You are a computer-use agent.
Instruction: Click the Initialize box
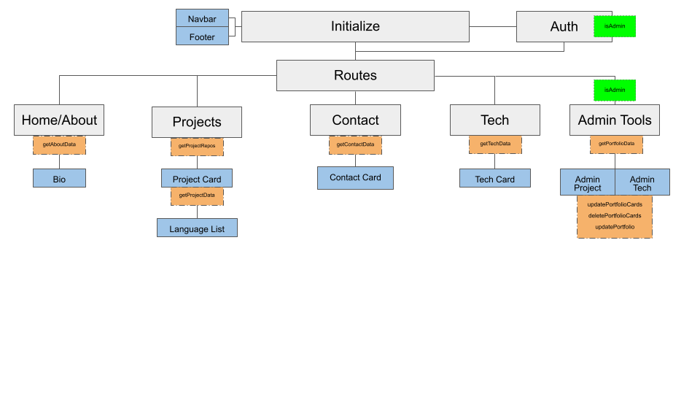coord(355,26)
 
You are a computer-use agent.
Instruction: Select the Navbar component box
coord(202,18)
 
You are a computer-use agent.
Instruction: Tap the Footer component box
coord(202,36)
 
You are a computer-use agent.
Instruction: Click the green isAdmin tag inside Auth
coord(615,26)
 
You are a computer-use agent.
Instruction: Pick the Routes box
coord(355,75)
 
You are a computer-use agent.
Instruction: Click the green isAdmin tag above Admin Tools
coord(615,90)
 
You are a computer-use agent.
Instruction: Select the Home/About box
coord(59,120)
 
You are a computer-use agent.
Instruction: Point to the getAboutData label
coord(59,144)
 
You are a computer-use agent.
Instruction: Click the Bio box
coord(59,178)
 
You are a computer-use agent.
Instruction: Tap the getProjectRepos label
coord(197,146)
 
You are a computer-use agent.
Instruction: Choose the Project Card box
coord(197,179)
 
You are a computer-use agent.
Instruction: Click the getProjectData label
coord(197,196)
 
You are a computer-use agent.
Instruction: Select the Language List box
coord(197,228)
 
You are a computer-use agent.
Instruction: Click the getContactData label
coord(355,144)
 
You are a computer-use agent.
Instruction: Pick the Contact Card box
coord(355,177)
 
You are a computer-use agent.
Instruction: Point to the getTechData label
coord(495,144)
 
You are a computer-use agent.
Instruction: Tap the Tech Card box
coord(495,179)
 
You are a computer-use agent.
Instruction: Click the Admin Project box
coord(588,182)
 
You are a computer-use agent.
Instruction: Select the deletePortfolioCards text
coord(615,215)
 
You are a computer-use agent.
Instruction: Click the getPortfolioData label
coord(616,144)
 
